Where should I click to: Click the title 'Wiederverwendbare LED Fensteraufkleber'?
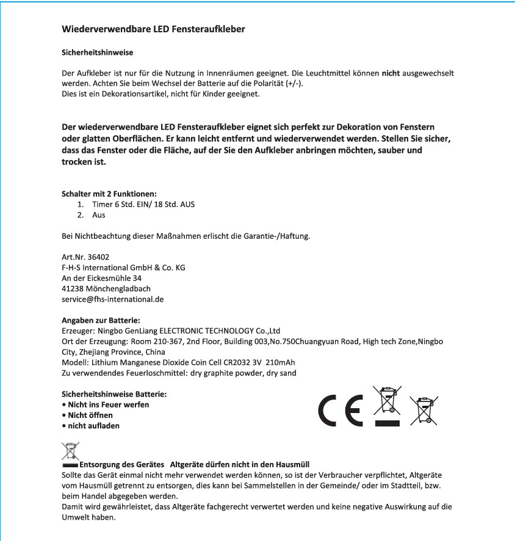pos(154,29)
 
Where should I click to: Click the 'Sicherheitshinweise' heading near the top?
pos(98,53)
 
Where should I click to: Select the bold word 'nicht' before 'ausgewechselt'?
pos(390,73)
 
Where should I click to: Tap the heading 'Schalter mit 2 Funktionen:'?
pos(105,194)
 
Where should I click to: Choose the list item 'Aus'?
pos(99,215)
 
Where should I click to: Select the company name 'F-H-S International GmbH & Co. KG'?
pos(123,267)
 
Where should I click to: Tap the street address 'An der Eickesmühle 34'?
pos(102,278)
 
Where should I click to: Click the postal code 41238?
pos(74,288)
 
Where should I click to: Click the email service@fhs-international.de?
pos(113,299)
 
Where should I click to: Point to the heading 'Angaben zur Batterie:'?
pos(101,320)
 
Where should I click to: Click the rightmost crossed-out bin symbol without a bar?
pos(423,410)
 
